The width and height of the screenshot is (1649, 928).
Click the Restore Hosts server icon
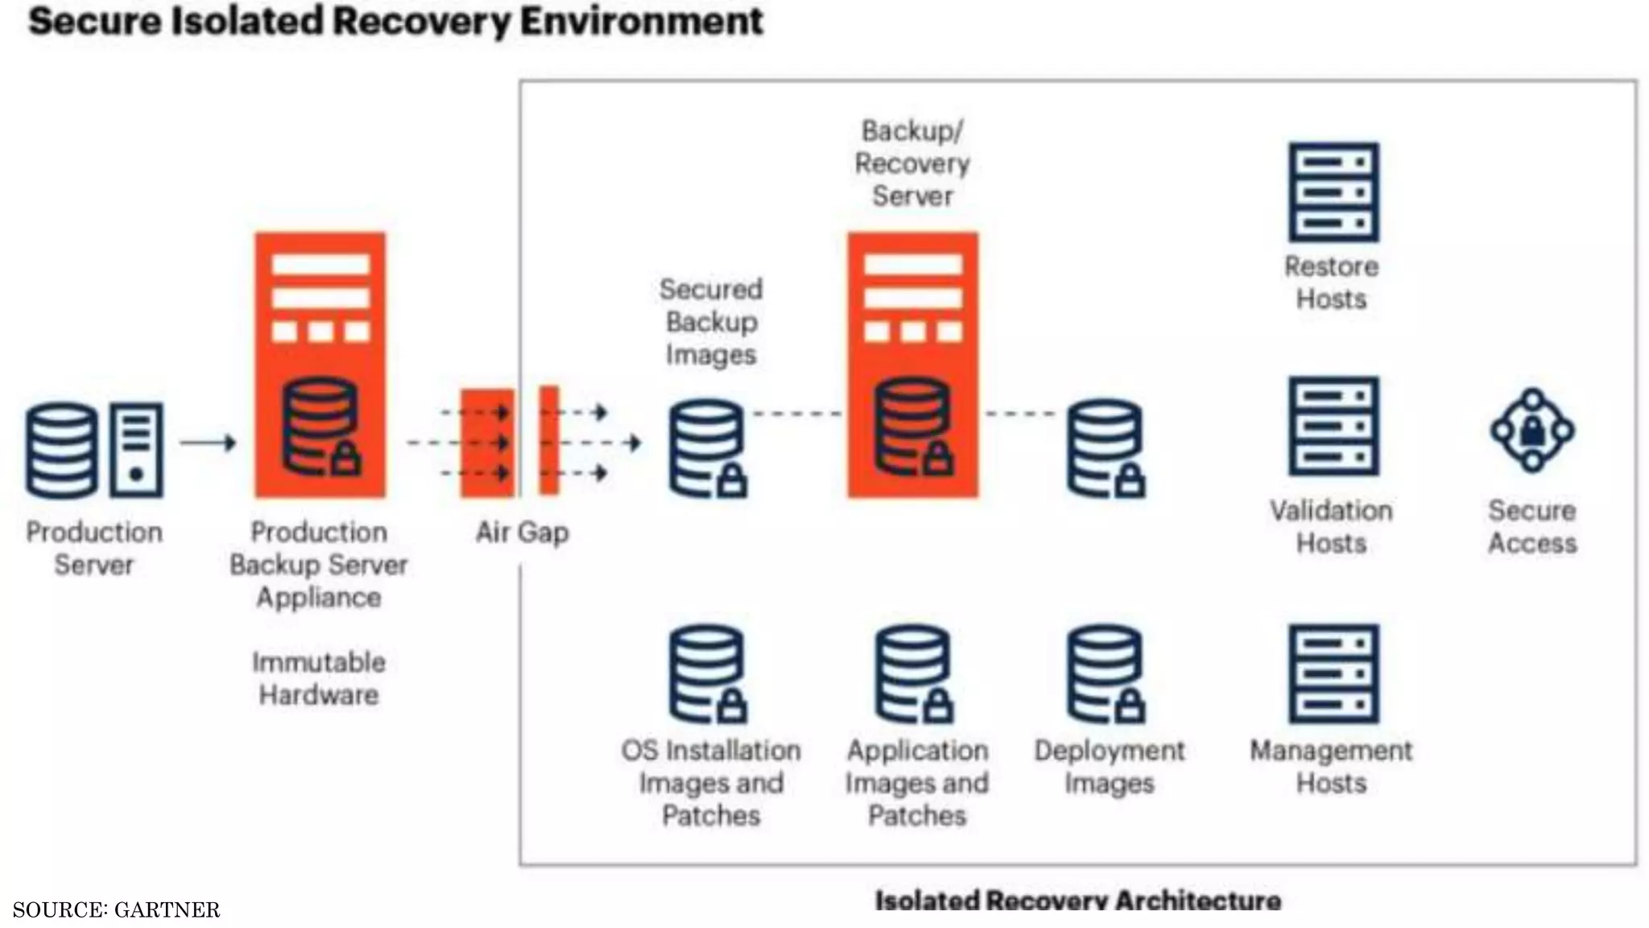tap(1333, 192)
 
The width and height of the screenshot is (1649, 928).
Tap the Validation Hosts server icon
tap(1333, 425)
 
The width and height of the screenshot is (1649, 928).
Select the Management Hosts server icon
tap(1333, 673)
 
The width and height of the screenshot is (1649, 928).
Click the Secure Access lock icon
tap(1532, 431)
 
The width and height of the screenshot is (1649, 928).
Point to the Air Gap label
tap(522, 532)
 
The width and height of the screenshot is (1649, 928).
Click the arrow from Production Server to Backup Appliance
tap(208, 442)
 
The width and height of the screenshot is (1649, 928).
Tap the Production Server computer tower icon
tap(136, 449)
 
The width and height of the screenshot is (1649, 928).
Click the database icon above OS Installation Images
tap(708, 673)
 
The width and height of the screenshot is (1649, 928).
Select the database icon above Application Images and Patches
tap(914, 673)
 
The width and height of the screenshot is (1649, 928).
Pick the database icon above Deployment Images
tap(1106, 673)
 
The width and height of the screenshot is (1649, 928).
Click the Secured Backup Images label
tap(711, 321)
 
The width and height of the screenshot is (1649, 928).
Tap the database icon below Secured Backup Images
tap(708, 448)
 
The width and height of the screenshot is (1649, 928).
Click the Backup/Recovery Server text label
tap(912, 163)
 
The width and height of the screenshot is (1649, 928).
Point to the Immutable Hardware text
tap(319, 678)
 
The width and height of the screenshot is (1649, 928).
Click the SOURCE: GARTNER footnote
tap(116, 909)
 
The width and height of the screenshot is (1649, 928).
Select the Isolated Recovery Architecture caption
tap(1077, 900)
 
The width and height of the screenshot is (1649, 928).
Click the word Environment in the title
tap(641, 21)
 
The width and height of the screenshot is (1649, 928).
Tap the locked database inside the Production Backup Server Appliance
tap(321, 427)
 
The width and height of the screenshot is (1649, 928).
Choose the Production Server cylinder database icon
tap(62, 449)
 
